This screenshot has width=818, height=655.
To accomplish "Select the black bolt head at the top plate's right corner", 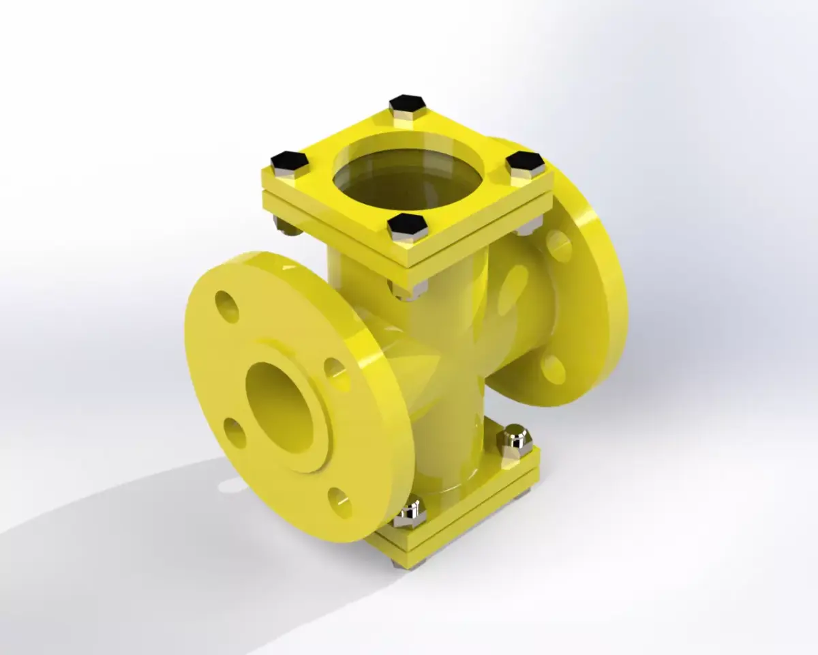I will [x=526, y=162].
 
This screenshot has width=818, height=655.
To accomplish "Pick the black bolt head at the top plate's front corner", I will [x=407, y=224].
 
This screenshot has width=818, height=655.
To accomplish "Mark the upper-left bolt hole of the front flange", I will [x=226, y=306].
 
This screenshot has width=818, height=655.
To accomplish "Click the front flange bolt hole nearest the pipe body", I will [x=336, y=374].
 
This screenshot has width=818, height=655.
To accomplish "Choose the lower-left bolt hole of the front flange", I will [x=234, y=433].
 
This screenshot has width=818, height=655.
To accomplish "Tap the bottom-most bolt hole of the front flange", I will [x=339, y=501].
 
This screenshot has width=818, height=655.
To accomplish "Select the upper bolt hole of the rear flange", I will [x=558, y=246].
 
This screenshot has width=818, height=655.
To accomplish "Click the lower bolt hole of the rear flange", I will [x=553, y=369].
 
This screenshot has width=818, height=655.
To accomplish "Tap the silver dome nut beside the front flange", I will [x=410, y=513].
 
